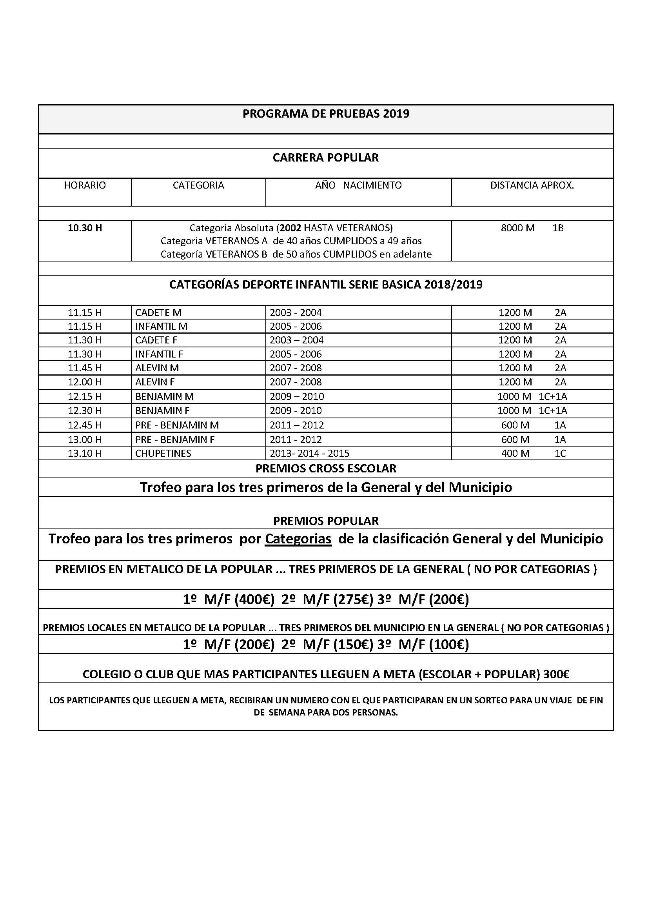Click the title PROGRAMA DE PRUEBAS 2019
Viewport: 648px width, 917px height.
[326, 114]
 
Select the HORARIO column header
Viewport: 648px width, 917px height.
[85, 185]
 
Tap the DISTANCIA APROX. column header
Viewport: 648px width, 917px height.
[532, 185]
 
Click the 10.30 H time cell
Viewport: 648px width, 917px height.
[85, 228]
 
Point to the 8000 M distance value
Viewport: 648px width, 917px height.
[517, 228]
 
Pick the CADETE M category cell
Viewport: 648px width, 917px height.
[158, 312]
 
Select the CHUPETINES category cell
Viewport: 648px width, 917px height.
[163, 453]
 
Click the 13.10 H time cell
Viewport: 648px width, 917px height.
[85, 453]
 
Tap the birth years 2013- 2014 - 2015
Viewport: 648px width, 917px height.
[309, 453]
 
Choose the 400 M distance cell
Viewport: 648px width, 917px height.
[515, 453]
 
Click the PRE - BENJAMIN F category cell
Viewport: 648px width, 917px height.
[175, 439]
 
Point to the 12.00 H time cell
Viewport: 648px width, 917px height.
[85, 382]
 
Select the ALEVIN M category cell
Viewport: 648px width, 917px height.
[157, 367]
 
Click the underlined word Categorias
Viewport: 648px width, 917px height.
[298, 539]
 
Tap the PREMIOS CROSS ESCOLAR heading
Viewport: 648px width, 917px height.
[326, 468]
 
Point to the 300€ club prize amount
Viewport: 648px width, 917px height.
[556, 674]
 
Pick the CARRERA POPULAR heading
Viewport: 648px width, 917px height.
[326, 158]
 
